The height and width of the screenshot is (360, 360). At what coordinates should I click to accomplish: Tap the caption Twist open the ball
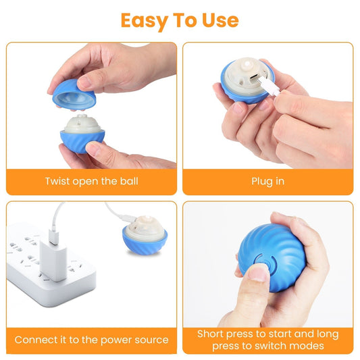[91, 181]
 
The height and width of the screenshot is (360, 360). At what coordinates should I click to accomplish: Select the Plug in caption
[267, 181]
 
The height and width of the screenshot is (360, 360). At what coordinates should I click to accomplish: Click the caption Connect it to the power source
[91, 340]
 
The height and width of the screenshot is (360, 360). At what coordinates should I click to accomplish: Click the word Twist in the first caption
[59, 181]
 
